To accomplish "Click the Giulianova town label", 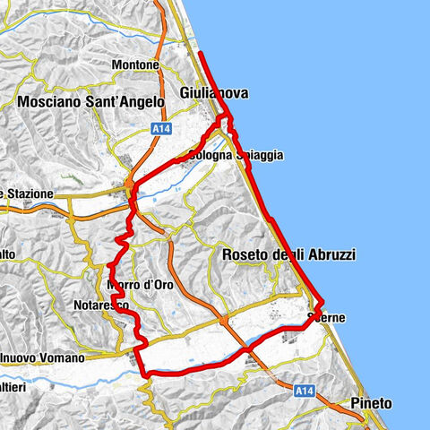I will [213, 93].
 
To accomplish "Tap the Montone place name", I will [136, 65].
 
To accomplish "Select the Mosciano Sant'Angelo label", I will [90, 102].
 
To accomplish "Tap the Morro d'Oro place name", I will [139, 285].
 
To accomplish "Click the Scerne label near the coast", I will [325, 318].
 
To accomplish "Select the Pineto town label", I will [372, 403].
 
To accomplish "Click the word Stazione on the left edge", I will [32, 193].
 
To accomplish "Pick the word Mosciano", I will [51, 102].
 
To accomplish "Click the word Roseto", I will [245, 255].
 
